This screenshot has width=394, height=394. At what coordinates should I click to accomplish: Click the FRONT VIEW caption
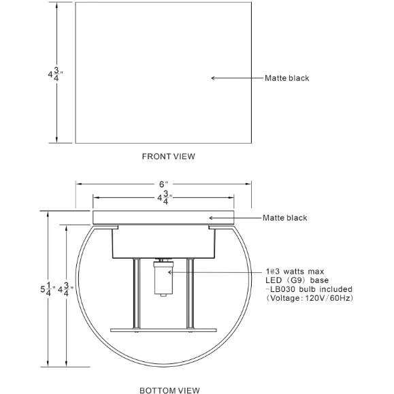click(168, 157)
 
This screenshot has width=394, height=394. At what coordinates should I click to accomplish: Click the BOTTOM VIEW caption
click(169, 390)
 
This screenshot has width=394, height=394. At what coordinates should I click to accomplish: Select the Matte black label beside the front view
click(286, 78)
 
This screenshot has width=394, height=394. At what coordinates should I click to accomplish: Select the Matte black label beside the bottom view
click(284, 218)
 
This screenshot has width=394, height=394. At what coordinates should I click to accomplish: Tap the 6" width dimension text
click(163, 184)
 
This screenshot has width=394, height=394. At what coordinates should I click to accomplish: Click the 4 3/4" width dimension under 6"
click(163, 198)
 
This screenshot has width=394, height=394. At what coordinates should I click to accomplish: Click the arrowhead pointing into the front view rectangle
click(214, 78)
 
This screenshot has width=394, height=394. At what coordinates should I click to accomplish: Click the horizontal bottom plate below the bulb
click(163, 331)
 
